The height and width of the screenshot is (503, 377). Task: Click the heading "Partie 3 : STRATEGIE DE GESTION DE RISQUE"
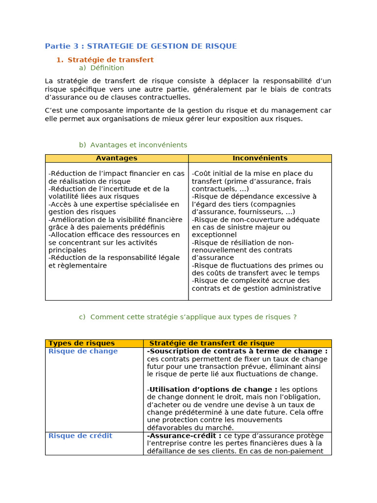(x=141, y=46)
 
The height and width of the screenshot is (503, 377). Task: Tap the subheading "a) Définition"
(x=102, y=68)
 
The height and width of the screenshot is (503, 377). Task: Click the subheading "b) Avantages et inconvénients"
(x=133, y=145)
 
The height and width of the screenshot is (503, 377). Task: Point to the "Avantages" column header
(x=116, y=158)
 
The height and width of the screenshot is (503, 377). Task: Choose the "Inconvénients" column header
(x=260, y=158)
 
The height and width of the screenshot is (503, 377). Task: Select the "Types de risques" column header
(x=81, y=343)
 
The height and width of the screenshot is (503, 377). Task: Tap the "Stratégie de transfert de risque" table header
(x=212, y=343)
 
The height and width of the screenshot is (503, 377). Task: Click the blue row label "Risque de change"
(x=83, y=351)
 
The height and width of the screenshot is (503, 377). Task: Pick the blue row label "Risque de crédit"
(x=81, y=436)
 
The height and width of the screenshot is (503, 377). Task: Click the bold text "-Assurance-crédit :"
(x=184, y=436)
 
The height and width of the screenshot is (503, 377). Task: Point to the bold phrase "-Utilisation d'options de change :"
(x=213, y=390)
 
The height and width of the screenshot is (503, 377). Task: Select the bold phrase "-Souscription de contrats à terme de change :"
(x=237, y=351)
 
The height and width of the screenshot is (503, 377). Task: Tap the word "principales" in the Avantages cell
(x=67, y=250)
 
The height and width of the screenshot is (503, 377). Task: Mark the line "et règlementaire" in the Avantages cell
(x=78, y=266)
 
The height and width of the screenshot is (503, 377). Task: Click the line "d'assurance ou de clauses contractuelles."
(x=114, y=97)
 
